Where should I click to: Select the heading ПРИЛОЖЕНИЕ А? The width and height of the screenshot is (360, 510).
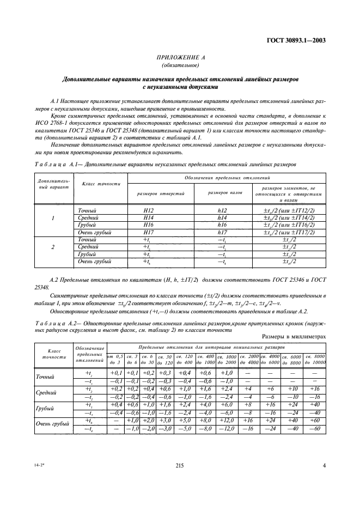point(180,59)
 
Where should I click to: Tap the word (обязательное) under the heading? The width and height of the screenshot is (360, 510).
point(180,66)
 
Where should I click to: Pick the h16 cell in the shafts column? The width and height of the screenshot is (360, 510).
point(222,224)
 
